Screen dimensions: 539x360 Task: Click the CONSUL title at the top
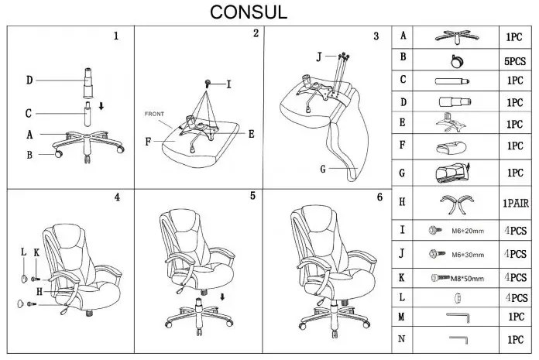249,12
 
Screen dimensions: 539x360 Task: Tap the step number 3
376,36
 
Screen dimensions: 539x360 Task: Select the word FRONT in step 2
154,114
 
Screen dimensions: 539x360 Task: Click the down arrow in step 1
101,106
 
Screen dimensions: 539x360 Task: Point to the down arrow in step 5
222,297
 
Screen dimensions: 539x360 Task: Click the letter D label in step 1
29,81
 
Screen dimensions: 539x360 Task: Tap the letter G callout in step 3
323,169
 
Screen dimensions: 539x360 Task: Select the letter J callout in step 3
319,57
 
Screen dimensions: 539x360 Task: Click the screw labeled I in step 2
208,83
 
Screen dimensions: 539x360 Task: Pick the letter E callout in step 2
251,134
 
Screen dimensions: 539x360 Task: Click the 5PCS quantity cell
515,61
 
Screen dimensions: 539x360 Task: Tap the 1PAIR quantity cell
516,203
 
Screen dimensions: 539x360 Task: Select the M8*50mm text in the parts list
467,278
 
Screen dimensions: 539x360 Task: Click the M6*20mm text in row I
468,231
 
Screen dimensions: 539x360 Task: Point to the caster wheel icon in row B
457,61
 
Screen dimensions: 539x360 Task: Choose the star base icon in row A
456,36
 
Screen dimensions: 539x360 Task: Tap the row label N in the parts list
401,339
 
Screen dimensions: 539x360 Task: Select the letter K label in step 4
36,253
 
